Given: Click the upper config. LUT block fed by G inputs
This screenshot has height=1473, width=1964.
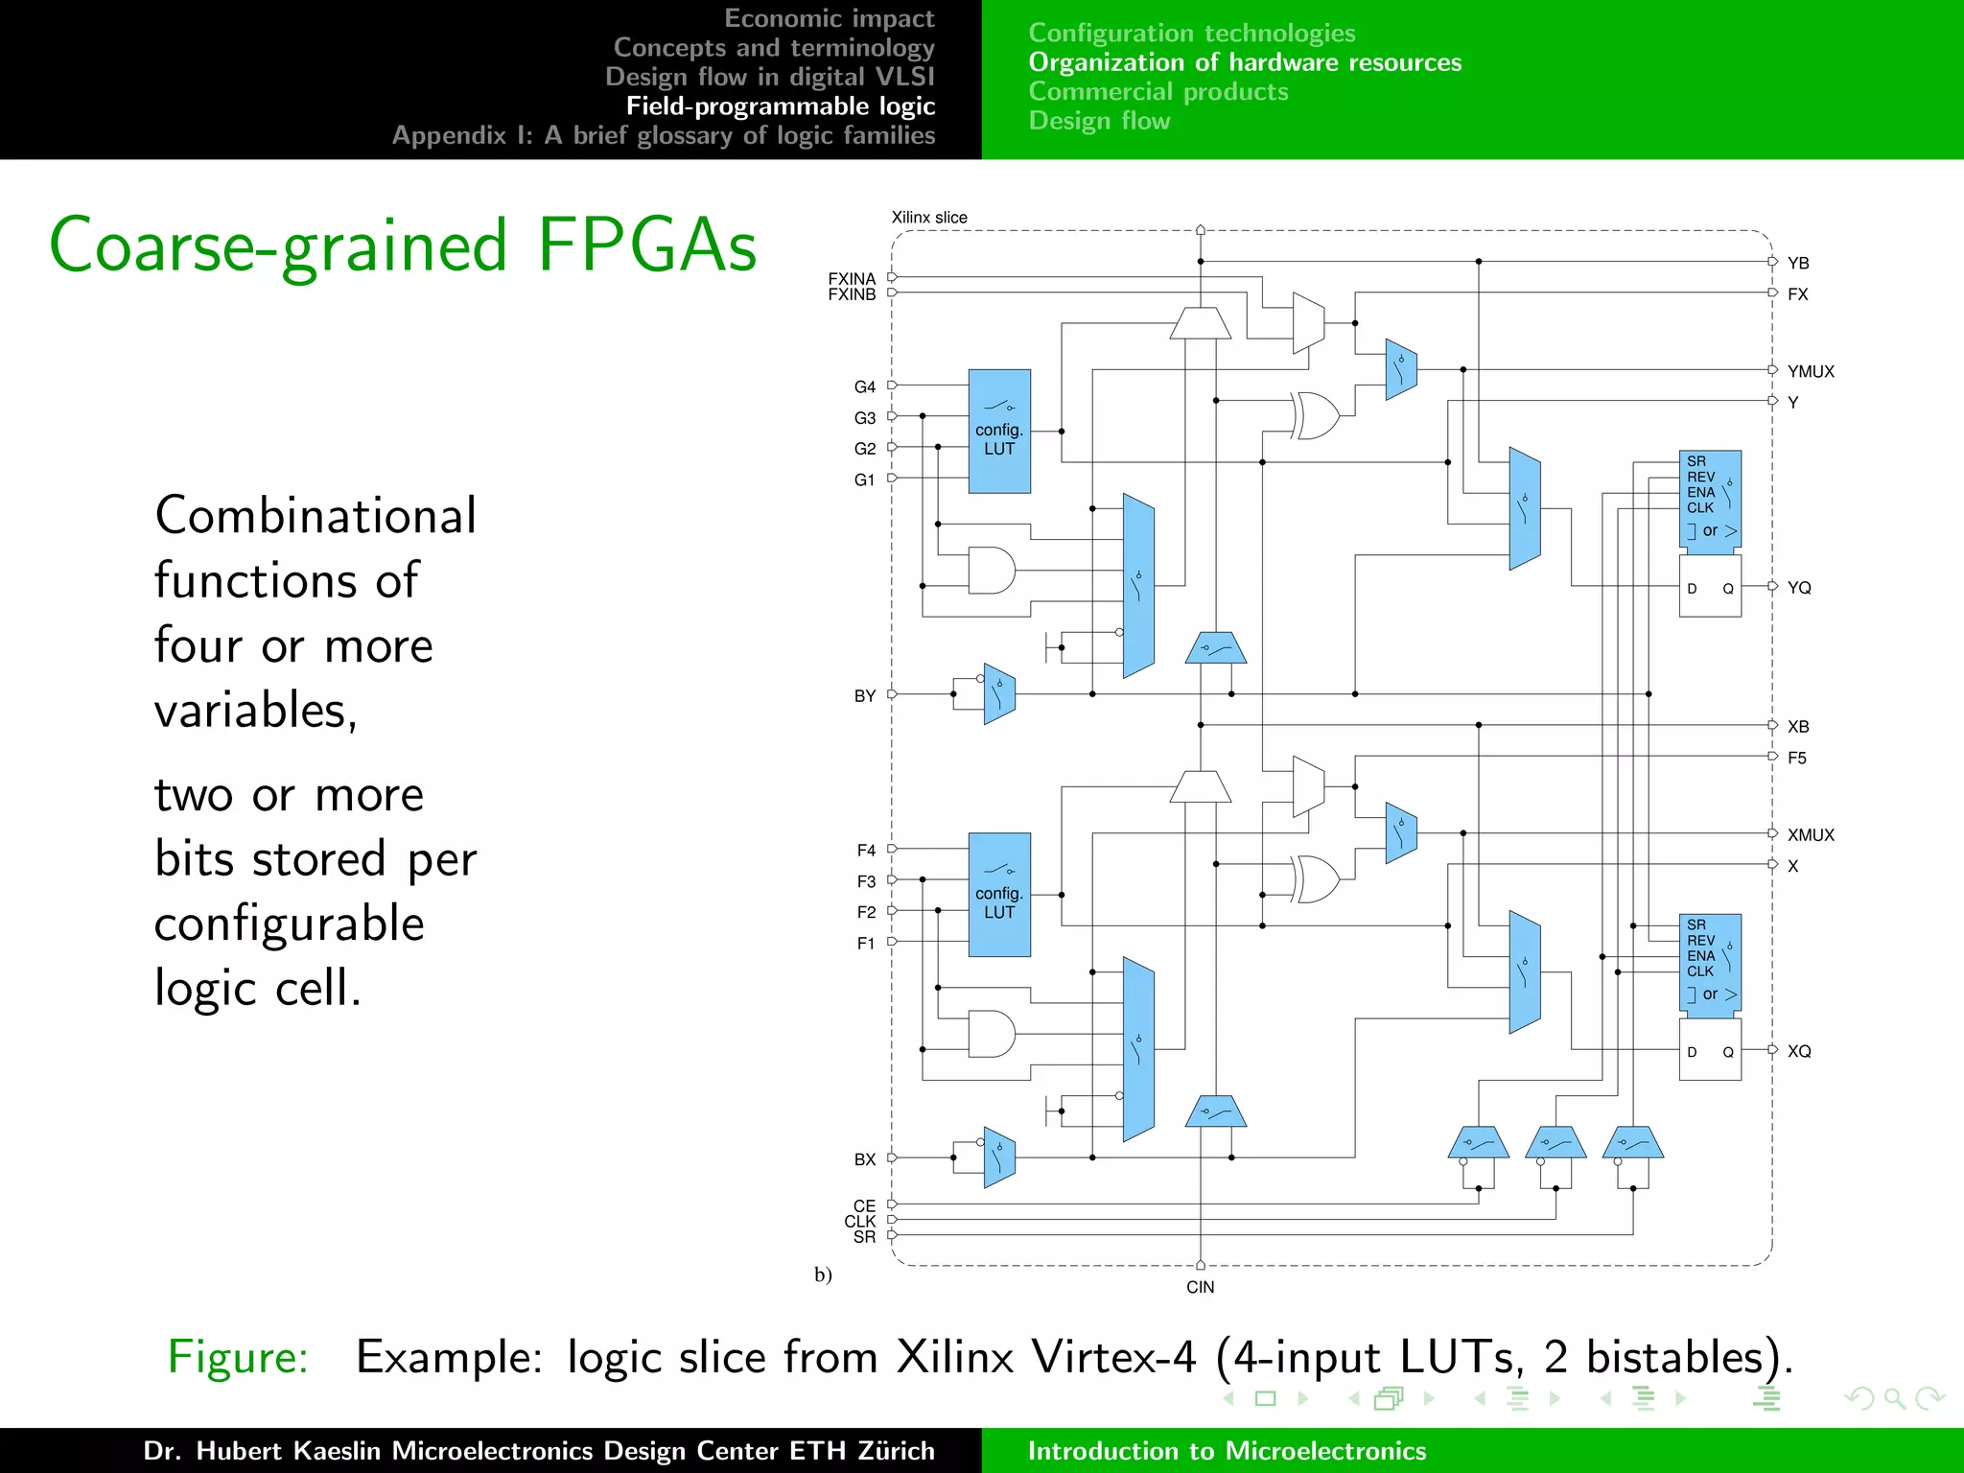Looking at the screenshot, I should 999,432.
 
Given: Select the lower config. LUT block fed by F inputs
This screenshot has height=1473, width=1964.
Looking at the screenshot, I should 999,895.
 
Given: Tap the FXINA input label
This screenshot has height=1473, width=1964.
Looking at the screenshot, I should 852,278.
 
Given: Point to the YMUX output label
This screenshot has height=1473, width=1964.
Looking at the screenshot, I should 1810,371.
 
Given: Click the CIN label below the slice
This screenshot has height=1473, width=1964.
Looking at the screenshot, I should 1200,1287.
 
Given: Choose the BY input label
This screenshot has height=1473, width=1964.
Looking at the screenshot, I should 864,695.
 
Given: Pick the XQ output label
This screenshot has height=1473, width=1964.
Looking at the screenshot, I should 1799,1051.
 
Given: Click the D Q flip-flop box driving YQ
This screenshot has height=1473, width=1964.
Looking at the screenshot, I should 1710,588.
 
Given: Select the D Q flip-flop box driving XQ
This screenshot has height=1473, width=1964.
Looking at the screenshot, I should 1710,1051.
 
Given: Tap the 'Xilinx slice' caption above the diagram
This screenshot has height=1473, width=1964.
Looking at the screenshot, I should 929,218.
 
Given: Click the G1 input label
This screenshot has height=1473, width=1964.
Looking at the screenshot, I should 864,479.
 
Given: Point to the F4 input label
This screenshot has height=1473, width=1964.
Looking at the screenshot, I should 866,850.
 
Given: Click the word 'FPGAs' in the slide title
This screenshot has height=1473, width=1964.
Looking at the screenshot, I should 647,245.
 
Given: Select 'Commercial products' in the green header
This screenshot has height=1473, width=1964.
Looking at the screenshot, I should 1158,92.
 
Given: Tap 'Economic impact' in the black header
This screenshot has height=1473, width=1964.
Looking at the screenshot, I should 829,18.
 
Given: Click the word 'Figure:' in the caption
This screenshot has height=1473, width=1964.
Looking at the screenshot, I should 238,1357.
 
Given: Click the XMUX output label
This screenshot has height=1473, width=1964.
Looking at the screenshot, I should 1810,835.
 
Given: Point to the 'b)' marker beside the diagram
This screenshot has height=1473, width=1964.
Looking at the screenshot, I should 823,1274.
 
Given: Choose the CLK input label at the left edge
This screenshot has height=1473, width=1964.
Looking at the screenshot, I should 859,1221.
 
